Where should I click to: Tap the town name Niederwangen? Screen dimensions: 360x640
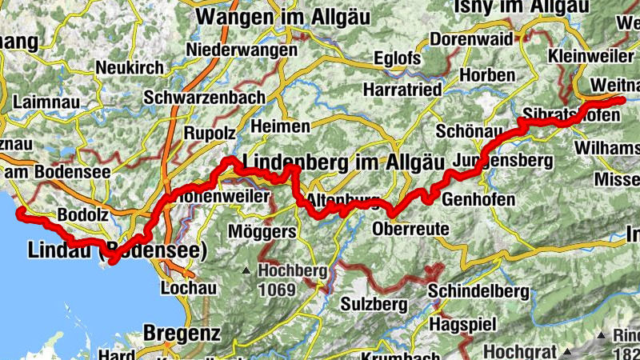tap(238, 49)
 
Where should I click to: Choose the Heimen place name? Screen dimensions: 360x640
tap(280, 126)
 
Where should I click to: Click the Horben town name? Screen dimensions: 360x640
tap(488, 75)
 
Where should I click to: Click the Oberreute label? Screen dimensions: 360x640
tap(410, 230)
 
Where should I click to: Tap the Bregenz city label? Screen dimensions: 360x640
tap(182, 331)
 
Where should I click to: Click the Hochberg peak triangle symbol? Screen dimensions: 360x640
tap(246, 270)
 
